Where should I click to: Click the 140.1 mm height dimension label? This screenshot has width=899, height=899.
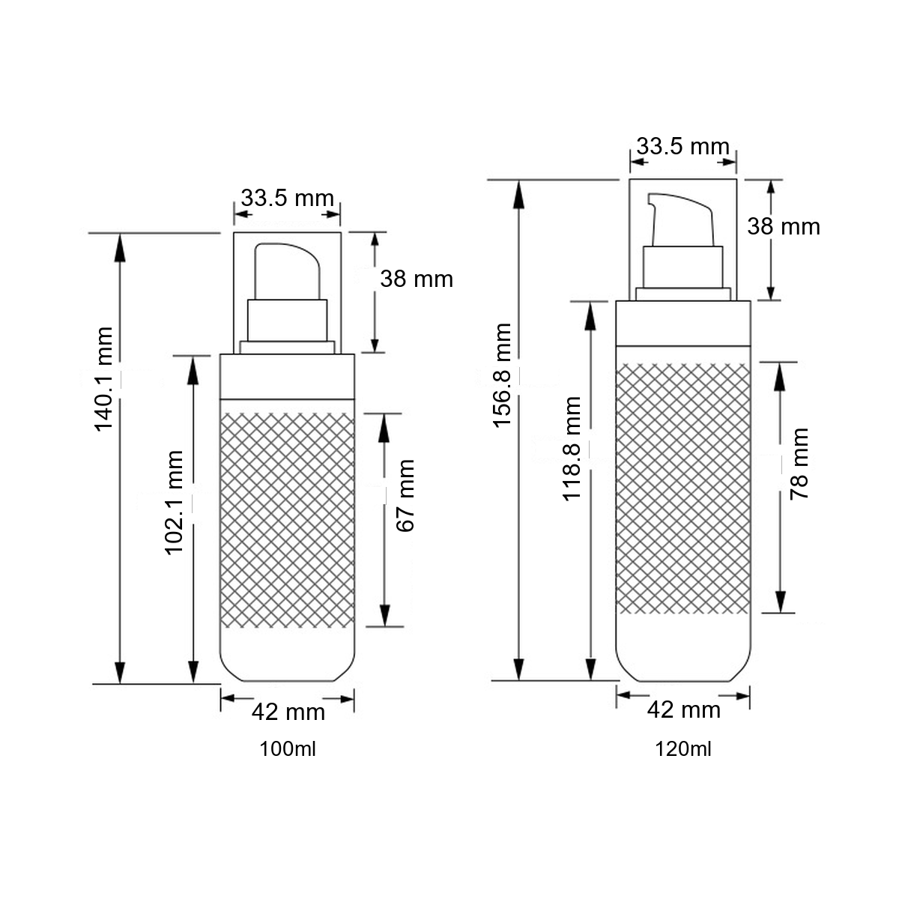pos(103,379)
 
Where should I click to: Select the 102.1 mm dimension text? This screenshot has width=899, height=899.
pos(174,503)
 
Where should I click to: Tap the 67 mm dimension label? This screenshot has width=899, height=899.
pos(405,495)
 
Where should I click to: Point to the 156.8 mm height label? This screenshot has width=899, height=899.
pos(502,375)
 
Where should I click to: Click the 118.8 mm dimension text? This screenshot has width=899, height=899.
pos(572,449)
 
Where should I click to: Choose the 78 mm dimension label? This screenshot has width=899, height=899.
pos(799,464)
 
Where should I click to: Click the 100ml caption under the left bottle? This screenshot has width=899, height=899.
pos(288,749)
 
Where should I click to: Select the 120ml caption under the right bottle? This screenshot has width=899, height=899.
pos(683,749)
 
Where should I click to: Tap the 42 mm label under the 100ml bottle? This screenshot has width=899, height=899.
pos(288,712)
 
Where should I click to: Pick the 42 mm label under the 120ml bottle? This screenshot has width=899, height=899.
pos(684,710)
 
